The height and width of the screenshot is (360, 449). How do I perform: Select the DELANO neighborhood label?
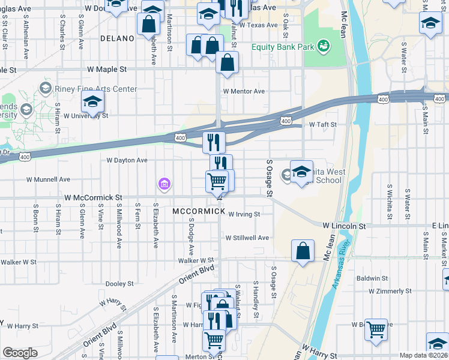click(x=118, y=38)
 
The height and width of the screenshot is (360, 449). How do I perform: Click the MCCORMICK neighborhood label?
click(x=199, y=212)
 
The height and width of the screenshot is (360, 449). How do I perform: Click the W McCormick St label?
click(x=93, y=197)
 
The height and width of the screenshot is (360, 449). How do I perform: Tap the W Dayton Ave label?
click(x=127, y=160)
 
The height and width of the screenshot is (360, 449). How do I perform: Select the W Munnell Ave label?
click(x=48, y=179)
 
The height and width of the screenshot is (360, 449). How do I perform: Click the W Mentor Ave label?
click(x=244, y=91)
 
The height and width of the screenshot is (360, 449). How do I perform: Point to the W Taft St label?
click(x=323, y=124)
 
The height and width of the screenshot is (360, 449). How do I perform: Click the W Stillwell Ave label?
click(x=247, y=238)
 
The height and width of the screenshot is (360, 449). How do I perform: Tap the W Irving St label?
click(x=244, y=214)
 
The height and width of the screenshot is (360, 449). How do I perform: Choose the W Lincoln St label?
click(x=344, y=226)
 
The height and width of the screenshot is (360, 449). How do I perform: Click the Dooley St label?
click(x=119, y=284)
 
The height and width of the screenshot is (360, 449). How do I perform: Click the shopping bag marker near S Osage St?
click(x=303, y=251)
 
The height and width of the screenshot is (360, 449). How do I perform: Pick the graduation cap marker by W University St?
click(x=93, y=104)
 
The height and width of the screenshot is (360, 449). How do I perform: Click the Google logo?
click(x=20, y=353)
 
